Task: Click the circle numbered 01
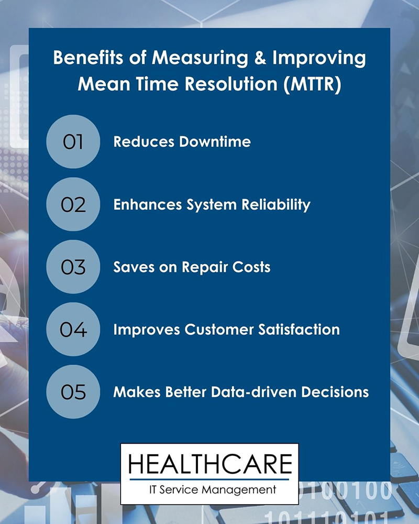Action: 73,141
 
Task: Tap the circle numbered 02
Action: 73,204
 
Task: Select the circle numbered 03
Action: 73,267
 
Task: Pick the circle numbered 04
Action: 73,330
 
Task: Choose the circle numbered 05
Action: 73,392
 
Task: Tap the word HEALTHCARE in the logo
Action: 210,464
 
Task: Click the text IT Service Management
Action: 210,490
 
